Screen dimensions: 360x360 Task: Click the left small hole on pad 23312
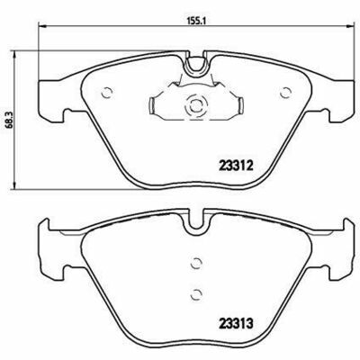point(106,91)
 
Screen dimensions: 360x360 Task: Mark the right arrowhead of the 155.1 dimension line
point(345,31)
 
